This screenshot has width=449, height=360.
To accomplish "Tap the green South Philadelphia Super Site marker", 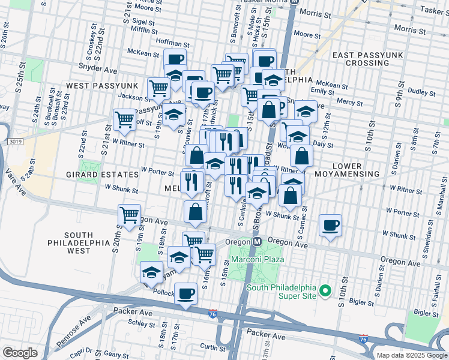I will click(325, 292).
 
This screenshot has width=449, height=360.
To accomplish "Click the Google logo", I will click(20, 353).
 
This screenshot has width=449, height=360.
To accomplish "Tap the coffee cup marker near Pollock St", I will click(185, 294).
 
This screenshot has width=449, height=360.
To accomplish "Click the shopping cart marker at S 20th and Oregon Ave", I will click(129, 215).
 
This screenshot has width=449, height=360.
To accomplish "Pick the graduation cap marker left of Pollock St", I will click(152, 272).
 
